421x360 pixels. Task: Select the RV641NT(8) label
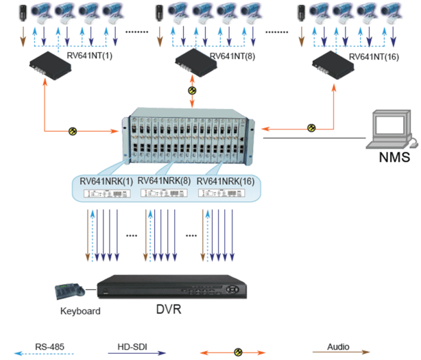232,56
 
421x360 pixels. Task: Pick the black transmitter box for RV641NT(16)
333,65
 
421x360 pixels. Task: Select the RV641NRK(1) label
105,180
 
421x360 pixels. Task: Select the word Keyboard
80,311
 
